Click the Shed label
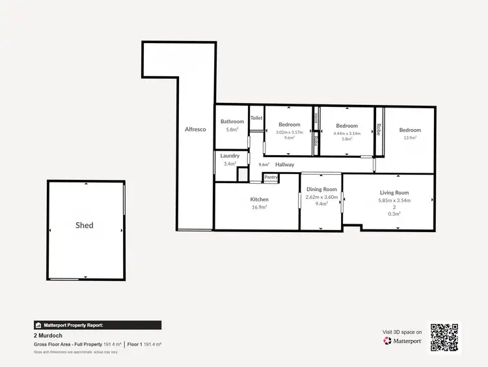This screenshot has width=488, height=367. click(x=84, y=226)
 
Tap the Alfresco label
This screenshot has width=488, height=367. click(x=195, y=129)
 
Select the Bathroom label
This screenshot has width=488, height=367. click(x=232, y=121)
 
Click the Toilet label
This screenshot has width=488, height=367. click(x=256, y=118)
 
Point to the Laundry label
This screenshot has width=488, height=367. click(x=230, y=156)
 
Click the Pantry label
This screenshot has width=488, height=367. click(x=271, y=177)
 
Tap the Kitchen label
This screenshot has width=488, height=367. click(x=259, y=199)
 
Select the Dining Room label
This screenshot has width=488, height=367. click(x=321, y=189)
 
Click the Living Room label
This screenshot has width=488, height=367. click(x=394, y=192)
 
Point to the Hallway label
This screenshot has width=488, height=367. click(x=284, y=165)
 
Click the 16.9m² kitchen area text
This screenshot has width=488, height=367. click(x=259, y=207)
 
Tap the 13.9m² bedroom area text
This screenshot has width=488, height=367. click(x=410, y=138)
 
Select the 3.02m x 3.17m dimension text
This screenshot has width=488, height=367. click(x=290, y=132)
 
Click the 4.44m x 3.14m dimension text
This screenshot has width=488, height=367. click(x=347, y=133)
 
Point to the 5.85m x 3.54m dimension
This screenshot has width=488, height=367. click(x=394, y=200)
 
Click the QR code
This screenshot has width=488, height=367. click(x=444, y=338)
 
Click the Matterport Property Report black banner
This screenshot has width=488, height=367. click(x=97, y=325)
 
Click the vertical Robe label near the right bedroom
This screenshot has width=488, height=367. click(x=378, y=130)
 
